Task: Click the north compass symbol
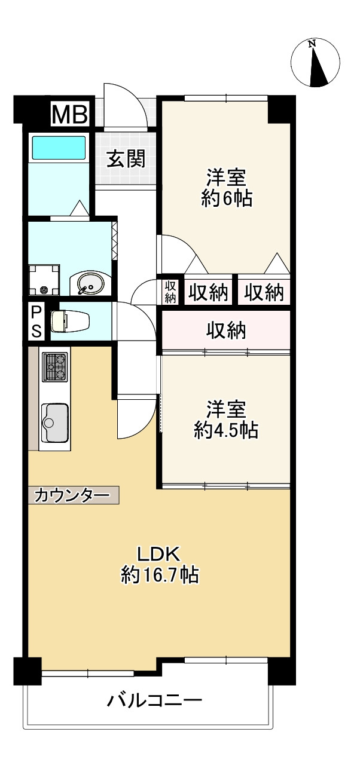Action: (315, 63)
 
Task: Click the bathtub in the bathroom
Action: (58, 146)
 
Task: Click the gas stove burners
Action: (55, 367)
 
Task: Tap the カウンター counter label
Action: (72, 495)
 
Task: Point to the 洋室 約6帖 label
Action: (226, 188)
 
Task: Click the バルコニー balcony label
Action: (154, 699)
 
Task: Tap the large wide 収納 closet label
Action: (226, 330)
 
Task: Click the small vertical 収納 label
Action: (170, 291)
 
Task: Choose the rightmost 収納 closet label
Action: (264, 293)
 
